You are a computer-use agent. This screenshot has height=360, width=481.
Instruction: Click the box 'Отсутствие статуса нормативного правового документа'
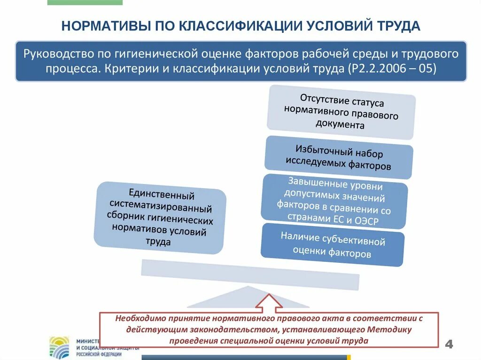[x=341, y=113]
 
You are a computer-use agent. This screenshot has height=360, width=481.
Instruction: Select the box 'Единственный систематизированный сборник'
[x=160, y=217]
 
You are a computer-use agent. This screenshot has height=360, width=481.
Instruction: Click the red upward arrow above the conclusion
[x=269, y=302]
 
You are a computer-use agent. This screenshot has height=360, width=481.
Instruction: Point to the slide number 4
[x=449, y=344]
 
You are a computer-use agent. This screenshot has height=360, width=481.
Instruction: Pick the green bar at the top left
[x=85, y=2]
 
